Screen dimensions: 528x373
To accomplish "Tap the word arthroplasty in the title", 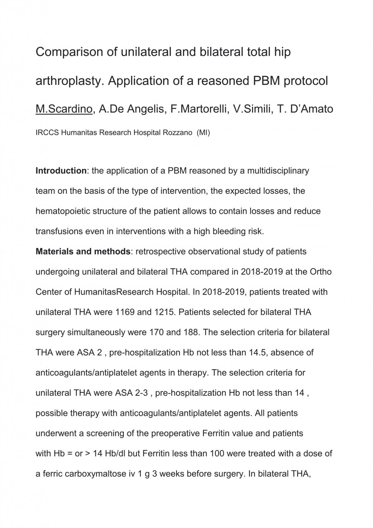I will tap(68, 81).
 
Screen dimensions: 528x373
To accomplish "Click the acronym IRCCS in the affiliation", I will tap(47, 134).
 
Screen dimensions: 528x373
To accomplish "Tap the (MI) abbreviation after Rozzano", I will tap(203, 134).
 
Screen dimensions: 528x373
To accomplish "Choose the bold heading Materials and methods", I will tap(83, 252).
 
